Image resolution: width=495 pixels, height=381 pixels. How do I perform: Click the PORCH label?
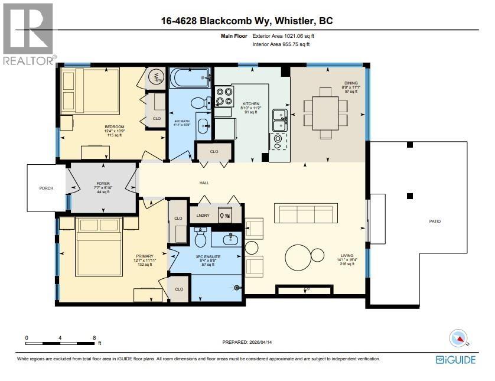(x=46, y=188)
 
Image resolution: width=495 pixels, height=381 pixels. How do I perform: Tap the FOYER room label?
(x=103, y=184)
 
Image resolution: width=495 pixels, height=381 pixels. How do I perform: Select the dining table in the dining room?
(x=325, y=112)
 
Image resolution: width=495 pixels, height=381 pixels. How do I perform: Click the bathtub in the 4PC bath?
(x=190, y=77)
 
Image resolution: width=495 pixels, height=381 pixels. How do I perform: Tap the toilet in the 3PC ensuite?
(x=200, y=238)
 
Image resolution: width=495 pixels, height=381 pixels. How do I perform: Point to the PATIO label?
(x=434, y=222)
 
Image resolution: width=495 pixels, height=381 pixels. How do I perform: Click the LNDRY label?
(x=203, y=216)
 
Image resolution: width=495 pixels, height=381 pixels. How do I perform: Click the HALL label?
(x=204, y=183)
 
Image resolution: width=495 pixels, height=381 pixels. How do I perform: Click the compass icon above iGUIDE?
(x=458, y=338)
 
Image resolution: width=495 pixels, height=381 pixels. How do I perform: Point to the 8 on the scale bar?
(x=95, y=338)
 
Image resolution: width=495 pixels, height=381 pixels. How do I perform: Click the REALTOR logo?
(x=28, y=32)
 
